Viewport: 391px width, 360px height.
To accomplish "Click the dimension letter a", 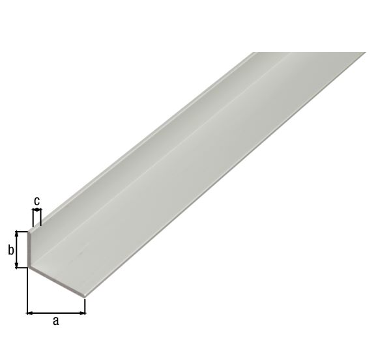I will click(x=55, y=320).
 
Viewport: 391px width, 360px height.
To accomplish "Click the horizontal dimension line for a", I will click(x=56, y=312).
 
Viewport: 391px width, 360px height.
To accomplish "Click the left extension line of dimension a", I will click(x=27, y=293).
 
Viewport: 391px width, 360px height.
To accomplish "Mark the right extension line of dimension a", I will click(x=85, y=306).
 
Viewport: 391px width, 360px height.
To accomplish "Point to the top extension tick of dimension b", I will click(x=22, y=231).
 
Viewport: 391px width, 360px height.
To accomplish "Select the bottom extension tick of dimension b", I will click(x=22, y=267).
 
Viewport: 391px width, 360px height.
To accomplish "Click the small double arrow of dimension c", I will click(x=37, y=210).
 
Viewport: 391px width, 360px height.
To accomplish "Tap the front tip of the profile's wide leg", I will click(x=85, y=296).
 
